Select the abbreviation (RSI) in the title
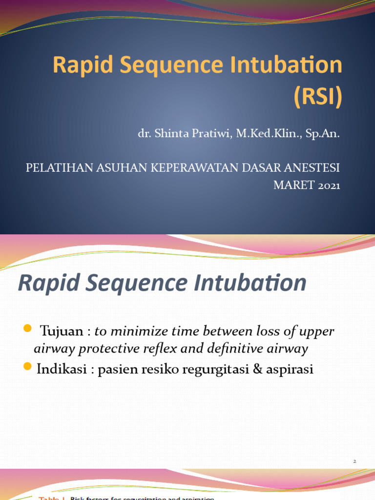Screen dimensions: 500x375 [x=317, y=97]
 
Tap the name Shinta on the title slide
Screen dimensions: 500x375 [x=173, y=134]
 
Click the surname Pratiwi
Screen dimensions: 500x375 [x=213, y=134]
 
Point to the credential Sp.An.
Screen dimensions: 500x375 [x=322, y=134]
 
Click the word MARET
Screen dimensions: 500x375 [x=291, y=186]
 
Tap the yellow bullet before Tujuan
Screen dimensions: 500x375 [x=27, y=327]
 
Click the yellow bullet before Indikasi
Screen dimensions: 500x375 [x=27, y=366]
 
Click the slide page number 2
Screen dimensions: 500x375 [x=355, y=460]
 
